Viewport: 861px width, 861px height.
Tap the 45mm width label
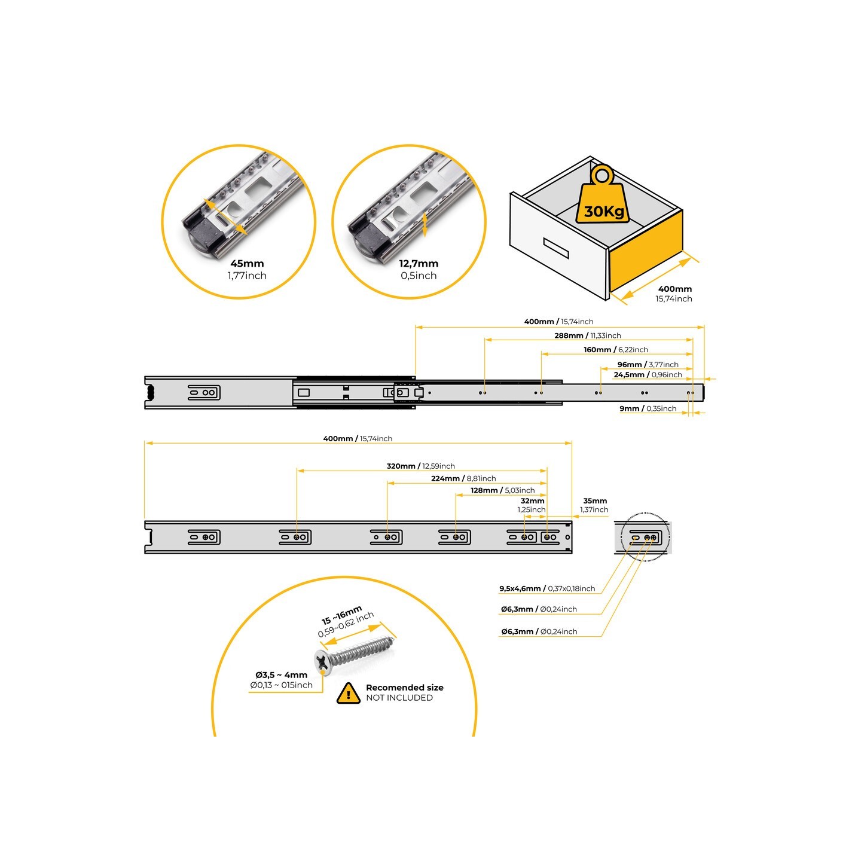coord(247,264)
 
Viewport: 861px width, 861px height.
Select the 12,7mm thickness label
coord(419,264)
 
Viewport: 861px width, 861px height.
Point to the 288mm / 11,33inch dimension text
coord(587,336)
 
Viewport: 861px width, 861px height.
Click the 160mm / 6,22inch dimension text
coord(615,350)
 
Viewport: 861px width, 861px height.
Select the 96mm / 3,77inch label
coord(648,365)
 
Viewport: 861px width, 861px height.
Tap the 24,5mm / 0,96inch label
coord(648,375)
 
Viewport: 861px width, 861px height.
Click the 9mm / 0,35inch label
coord(648,409)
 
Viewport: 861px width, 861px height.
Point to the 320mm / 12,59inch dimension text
coord(420,466)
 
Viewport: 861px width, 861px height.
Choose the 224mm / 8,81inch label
coord(463,479)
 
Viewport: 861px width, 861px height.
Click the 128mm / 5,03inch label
coord(502,490)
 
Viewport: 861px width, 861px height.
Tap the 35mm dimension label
coord(595,501)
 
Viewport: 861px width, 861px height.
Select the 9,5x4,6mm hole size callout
coord(547,589)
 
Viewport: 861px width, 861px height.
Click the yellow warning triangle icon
coord(348,694)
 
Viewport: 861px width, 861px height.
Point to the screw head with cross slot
coord(323,662)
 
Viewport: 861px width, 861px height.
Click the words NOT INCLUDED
coord(399,698)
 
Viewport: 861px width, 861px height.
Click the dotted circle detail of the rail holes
coord(645,537)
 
